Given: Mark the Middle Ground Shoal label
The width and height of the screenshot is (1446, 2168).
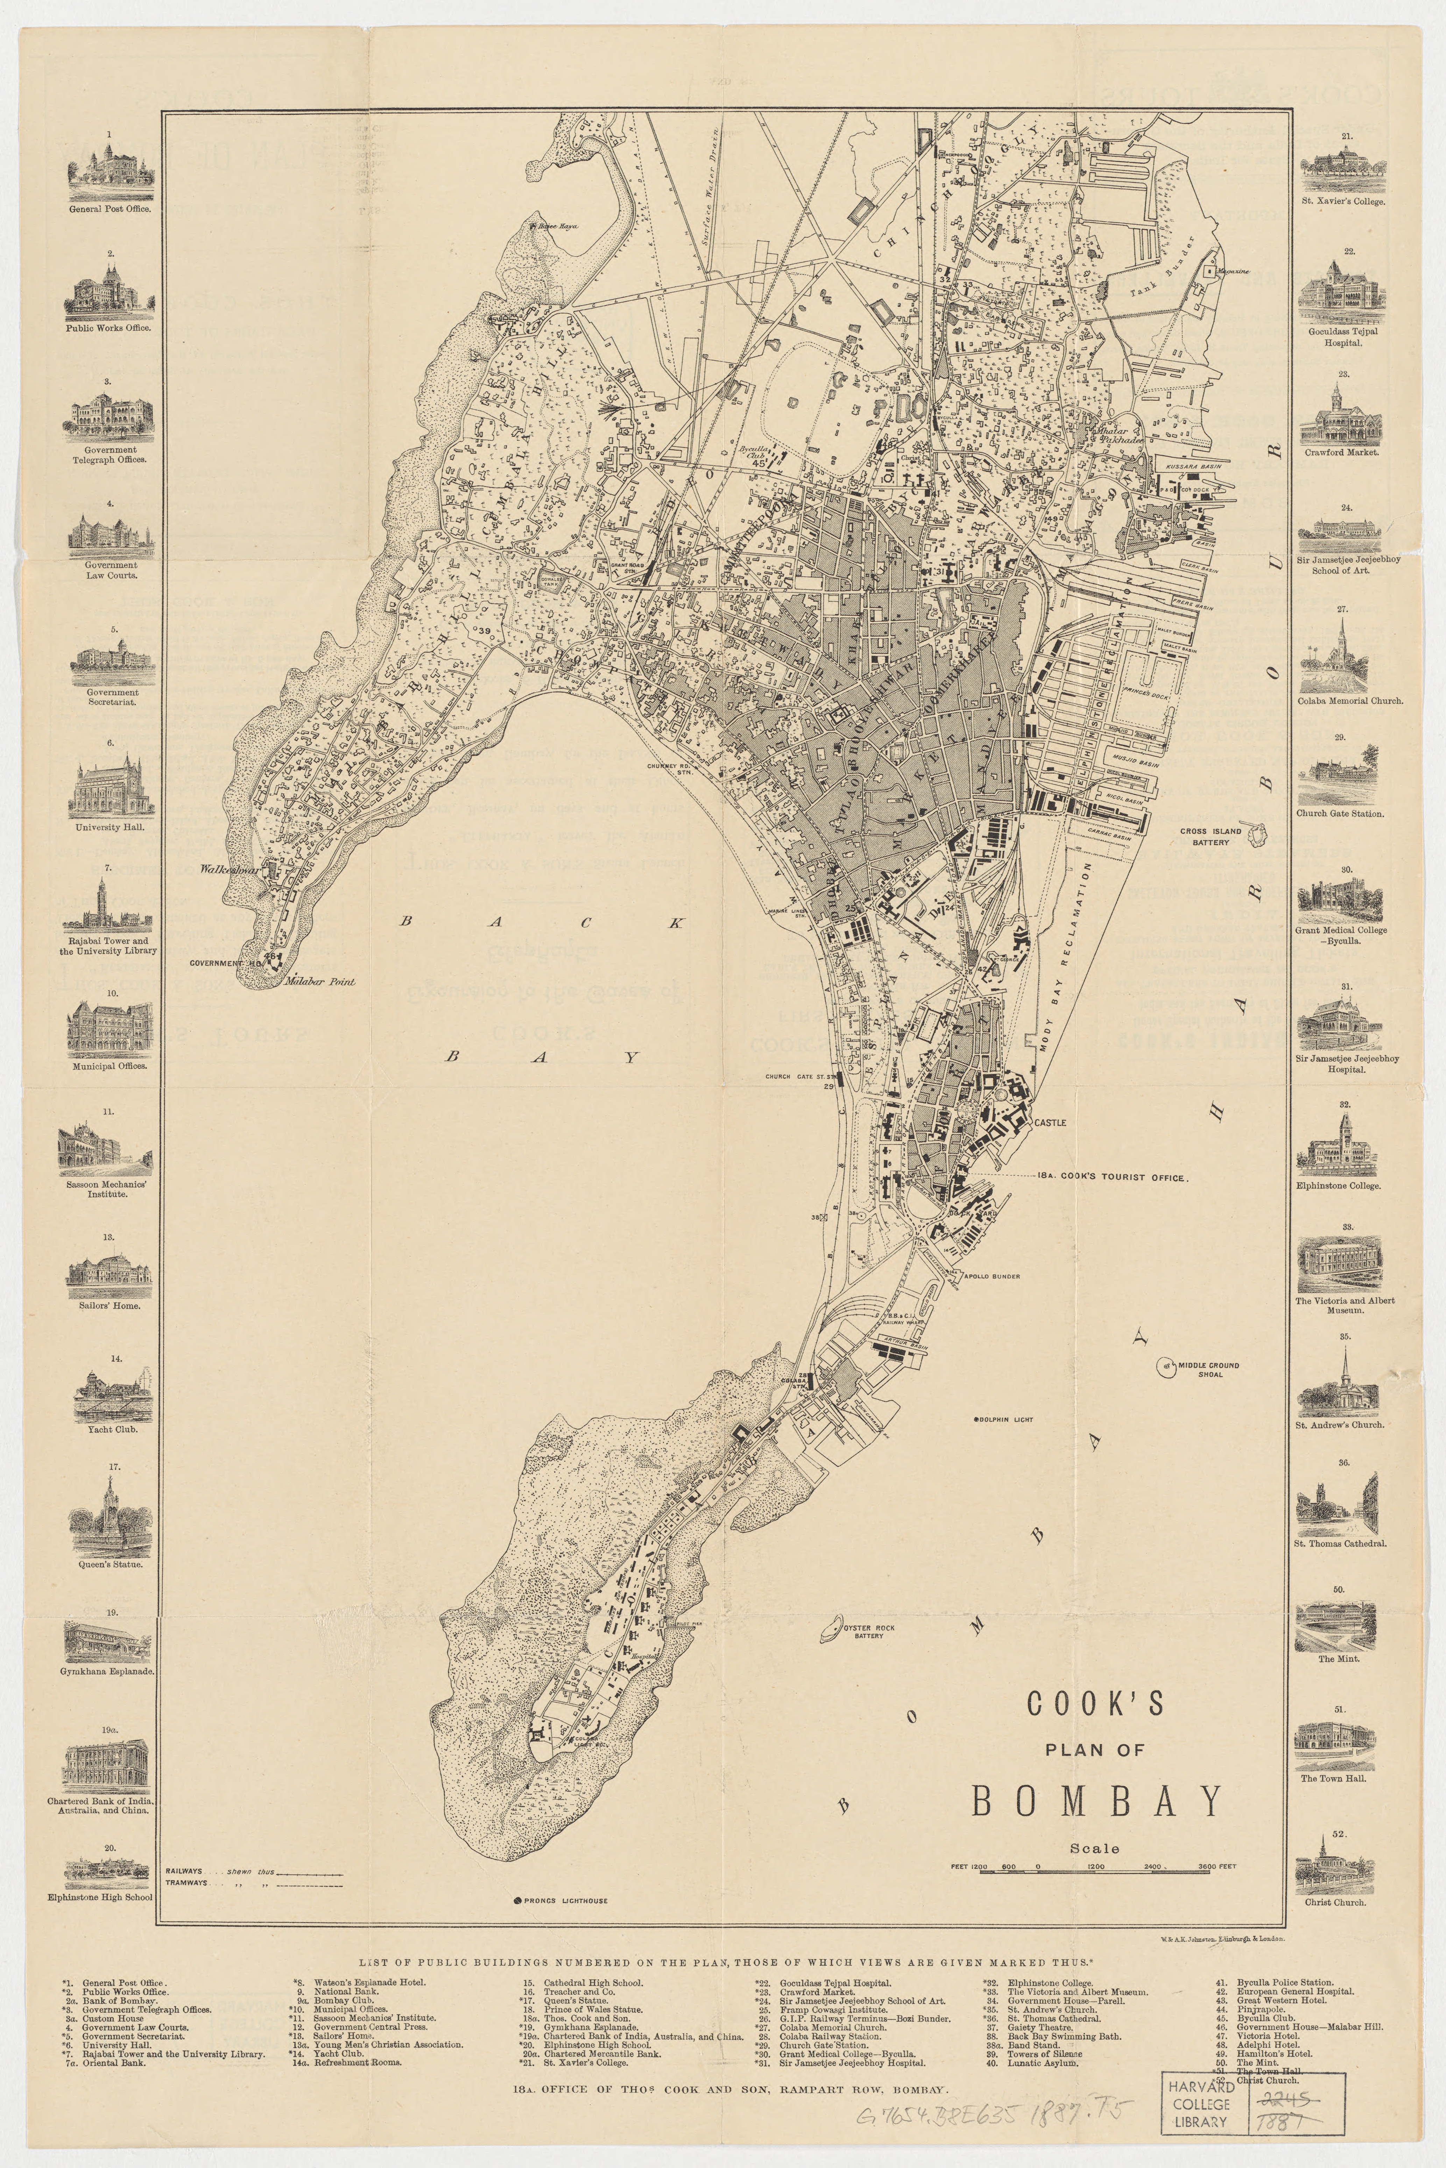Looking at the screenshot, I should pyautogui.click(x=1209, y=1369).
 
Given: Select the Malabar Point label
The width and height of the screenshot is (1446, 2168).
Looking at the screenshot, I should pyautogui.click(x=320, y=982).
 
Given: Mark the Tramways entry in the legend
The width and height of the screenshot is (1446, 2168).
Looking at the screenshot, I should pyautogui.click(x=186, y=1882).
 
